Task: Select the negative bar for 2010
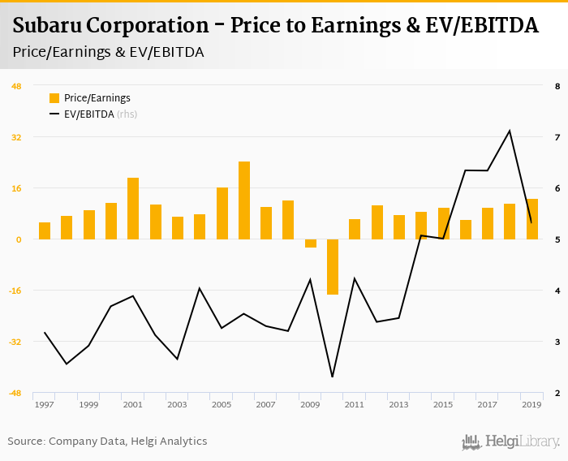click(x=333, y=266)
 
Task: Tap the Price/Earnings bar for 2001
click(x=133, y=209)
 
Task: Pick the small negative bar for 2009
click(x=310, y=243)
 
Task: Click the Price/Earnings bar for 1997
click(x=45, y=230)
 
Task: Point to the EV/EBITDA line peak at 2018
click(x=509, y=131)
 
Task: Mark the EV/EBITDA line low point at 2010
click(x=333, y=377)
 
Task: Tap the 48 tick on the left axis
click(x=16, y=86)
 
